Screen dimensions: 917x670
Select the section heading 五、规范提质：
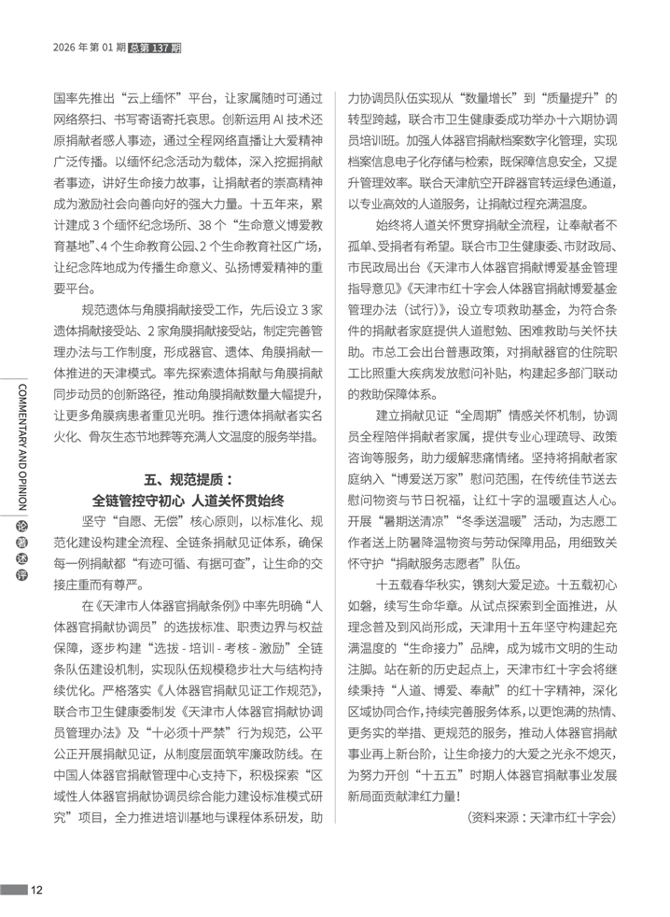tap(188, 477)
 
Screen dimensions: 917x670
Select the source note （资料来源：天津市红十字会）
tap(541, 817)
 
